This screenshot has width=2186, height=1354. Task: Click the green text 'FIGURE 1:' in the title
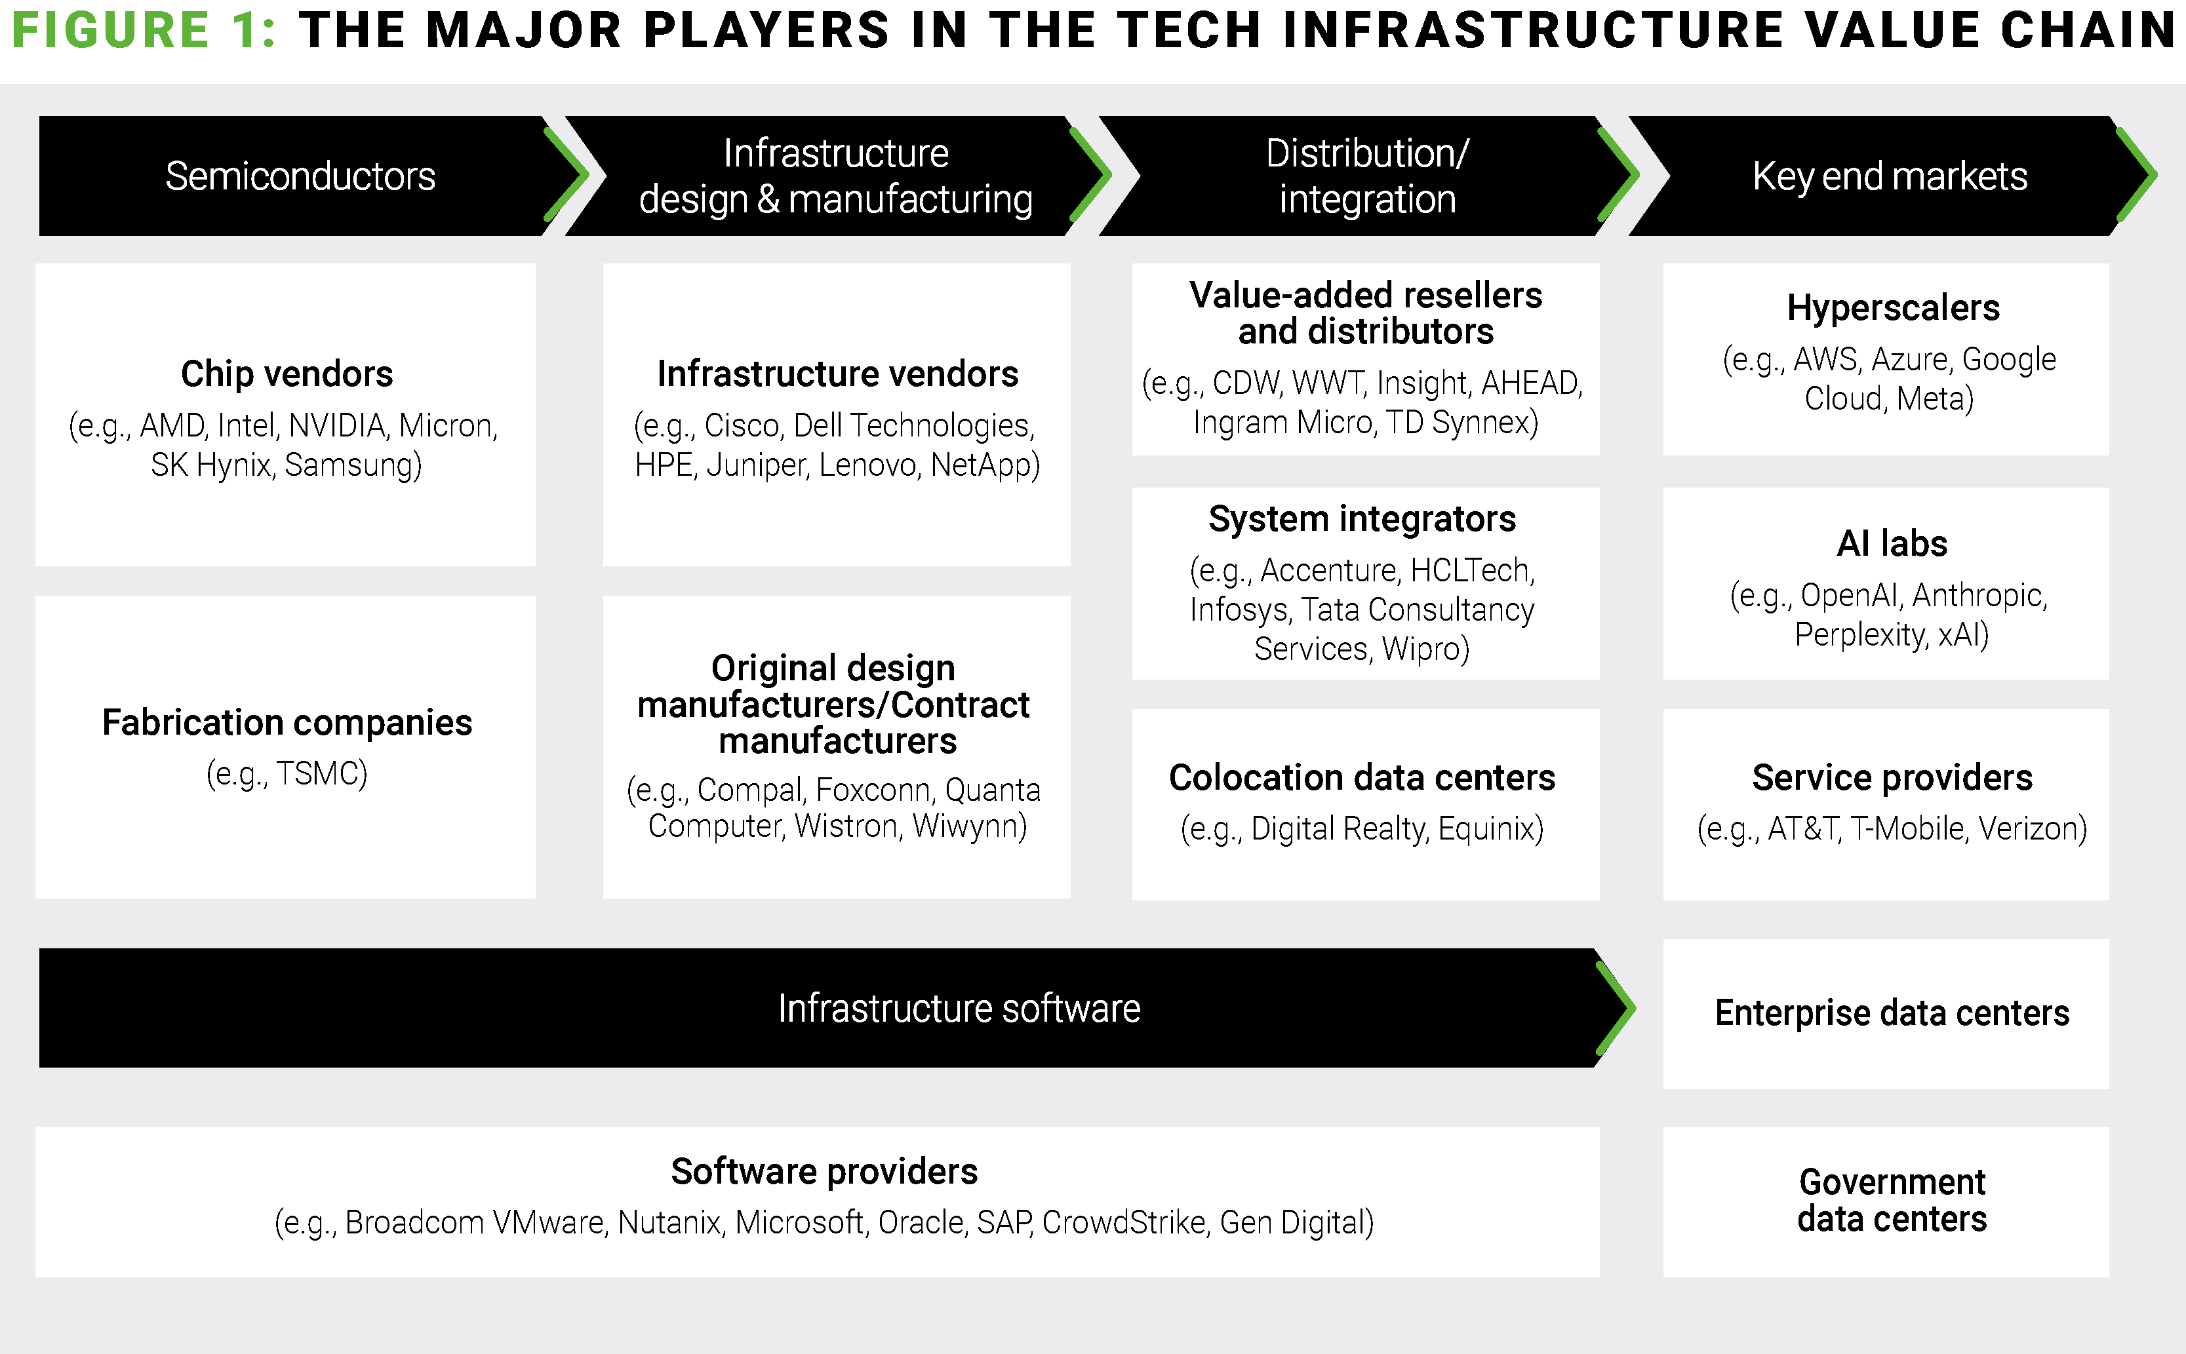144,29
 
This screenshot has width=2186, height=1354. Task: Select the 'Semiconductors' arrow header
300,176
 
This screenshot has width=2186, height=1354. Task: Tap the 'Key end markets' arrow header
1890,176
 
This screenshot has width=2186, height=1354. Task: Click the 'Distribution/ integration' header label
1367,176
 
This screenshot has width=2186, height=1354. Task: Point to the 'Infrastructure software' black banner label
959,1009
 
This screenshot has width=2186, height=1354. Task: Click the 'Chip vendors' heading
287,374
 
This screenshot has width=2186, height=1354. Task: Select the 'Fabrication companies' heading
287,722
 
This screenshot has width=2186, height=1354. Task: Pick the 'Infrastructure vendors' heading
838,374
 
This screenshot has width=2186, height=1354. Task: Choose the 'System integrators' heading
1362,518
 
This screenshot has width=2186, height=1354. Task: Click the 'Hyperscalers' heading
1893,307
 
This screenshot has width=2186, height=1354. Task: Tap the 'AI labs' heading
1892,543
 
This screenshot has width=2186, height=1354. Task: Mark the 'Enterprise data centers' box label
1892,1013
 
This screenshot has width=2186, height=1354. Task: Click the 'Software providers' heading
824,1171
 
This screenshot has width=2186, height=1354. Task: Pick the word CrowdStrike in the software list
1123,1222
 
